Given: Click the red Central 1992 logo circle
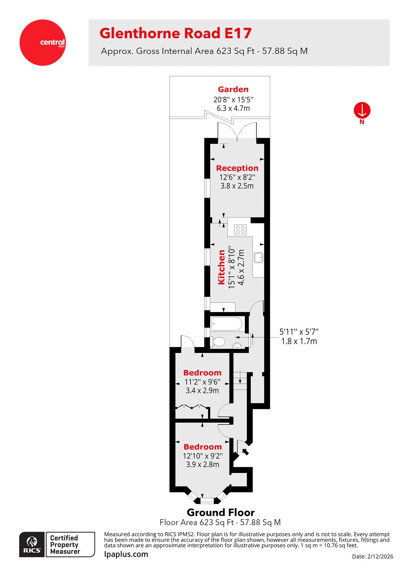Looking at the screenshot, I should pyautogui.click(x=43, y=43).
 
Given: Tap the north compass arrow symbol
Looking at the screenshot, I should pyautogui.click(x=362, y=110).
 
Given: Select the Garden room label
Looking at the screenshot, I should pyautogui.click(x=233, y=89).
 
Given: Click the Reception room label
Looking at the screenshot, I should pyautogui.click(x=237, y=168).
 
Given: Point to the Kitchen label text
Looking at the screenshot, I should pyautogui.click(x=221, y=267).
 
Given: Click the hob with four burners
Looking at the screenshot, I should pyautogui.click(x=240, y=229).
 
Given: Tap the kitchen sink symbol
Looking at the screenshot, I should pyautogui.click(x=259, y=258).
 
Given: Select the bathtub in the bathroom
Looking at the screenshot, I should pyautogui.click(x=227, y=324).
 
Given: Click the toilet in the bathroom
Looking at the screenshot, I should pyautogui.click(x=219, y=341).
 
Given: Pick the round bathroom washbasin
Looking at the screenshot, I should pyautogui.click(x=237, y=345).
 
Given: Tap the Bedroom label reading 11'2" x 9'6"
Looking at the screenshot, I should pyautogui.click(x=202, y=373).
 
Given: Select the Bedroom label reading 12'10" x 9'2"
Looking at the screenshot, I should pyautogui.click(x=203, y=447).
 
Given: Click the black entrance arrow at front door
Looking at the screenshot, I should pyautogui.click(x=246, y=451).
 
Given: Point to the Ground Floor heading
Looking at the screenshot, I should pyautogui.click(x=221, y=512).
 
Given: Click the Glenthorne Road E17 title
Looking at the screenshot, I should pyautogui.click(x=175, y=33).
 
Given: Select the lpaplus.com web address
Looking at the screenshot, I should pyautogui.click(x=126, y=554).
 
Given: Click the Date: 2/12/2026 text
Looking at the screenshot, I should pyautogui.click(x=372, y=557).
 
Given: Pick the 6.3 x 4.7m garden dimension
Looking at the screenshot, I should pyautogui.click(x=233, y=108).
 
